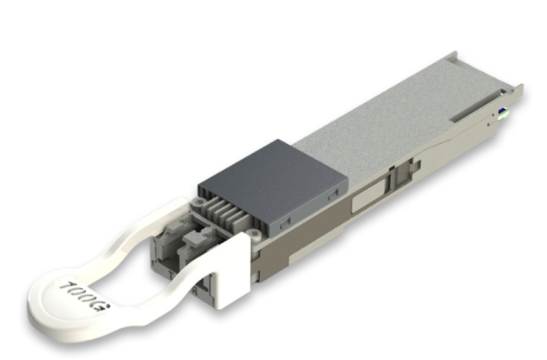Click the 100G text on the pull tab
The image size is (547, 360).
(x=85, y=296)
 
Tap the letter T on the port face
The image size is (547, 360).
(x=171, y=275)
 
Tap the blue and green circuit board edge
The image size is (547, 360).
(x=504, y=114)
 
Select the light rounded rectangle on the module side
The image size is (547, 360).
(x=370, y=198)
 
